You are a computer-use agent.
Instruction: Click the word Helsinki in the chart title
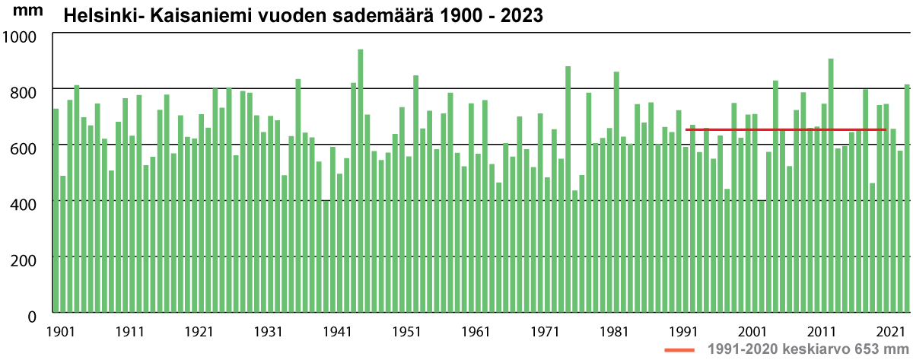(x=95, y=16)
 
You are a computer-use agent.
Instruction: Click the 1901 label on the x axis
(x=61, y=332)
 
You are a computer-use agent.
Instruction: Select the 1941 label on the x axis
(x=337, y=332)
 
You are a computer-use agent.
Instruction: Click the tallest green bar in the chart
(x=361, y=183)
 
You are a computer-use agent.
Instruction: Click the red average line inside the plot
(x=784, y=130)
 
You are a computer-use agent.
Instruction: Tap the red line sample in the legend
(x=680, y=349)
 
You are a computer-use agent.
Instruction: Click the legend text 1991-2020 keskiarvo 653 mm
(x=803, y=349)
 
